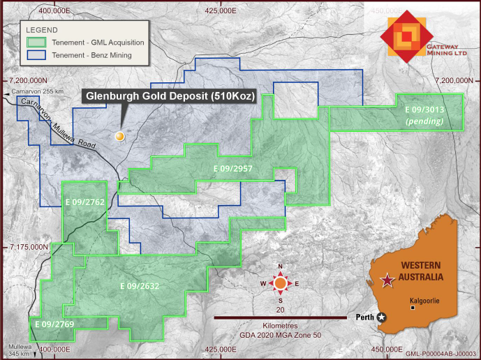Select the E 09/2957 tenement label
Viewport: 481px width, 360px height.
click(232, 169)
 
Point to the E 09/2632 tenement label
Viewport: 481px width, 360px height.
click(139, 286)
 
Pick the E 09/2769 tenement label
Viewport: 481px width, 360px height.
click(55, 324)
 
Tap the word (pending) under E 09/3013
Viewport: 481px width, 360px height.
click(425, 121)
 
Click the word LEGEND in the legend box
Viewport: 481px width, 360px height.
click(44, 30)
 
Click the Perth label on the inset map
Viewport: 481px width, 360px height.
click(364, 316)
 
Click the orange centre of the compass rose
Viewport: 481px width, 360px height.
click(280, 283)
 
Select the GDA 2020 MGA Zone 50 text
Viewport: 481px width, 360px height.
click(280, 335)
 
